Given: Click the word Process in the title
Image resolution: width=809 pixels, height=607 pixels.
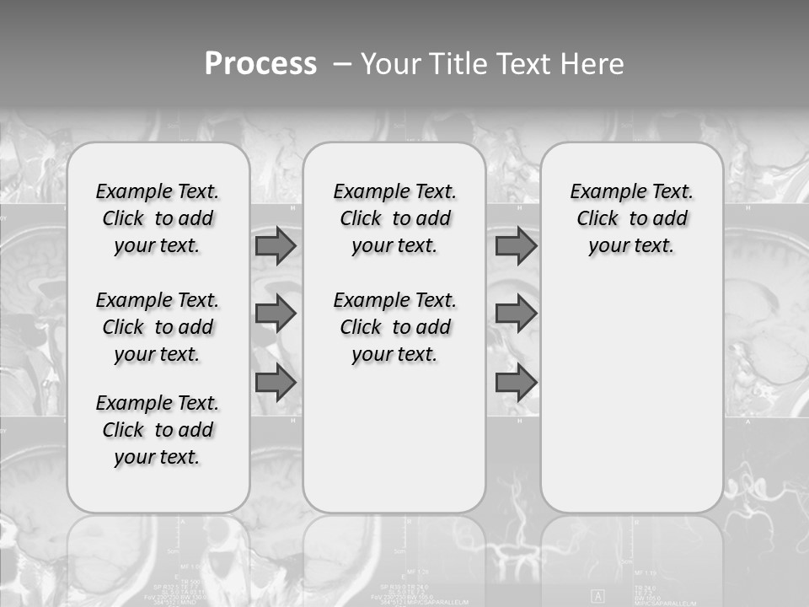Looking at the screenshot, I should pos(260,64).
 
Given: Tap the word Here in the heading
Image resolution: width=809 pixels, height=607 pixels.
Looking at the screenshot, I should pos(590,64).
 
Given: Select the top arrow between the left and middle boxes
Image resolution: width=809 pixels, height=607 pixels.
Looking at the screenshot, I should pos(276,245).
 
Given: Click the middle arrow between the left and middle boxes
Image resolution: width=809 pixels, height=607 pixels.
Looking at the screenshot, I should pos(276,314).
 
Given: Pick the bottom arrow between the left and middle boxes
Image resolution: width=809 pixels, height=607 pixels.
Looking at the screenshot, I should pos(276,383).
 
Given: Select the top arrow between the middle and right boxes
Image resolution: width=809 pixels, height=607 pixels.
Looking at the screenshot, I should pos(516,245).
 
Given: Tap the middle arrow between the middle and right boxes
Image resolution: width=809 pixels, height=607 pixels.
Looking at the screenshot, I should pos(516,314).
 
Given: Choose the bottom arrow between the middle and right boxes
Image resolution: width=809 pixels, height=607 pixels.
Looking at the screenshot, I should pos(516,383).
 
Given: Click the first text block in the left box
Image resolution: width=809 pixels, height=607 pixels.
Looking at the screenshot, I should pos(158,218).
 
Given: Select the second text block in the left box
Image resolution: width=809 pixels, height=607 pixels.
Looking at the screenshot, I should pos(158,327).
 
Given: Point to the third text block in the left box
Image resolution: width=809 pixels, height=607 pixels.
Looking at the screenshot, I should pos(158,430).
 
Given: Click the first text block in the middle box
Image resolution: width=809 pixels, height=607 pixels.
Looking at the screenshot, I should pos(394,218).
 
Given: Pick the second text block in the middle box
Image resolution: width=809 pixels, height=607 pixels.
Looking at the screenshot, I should pos(394,327).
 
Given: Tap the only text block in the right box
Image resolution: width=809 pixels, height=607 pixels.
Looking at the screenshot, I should pos(631,218).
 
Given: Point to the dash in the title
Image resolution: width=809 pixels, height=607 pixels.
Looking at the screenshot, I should pos(342,64).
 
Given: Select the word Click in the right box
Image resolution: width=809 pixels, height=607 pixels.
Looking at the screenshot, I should pos(597,219).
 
